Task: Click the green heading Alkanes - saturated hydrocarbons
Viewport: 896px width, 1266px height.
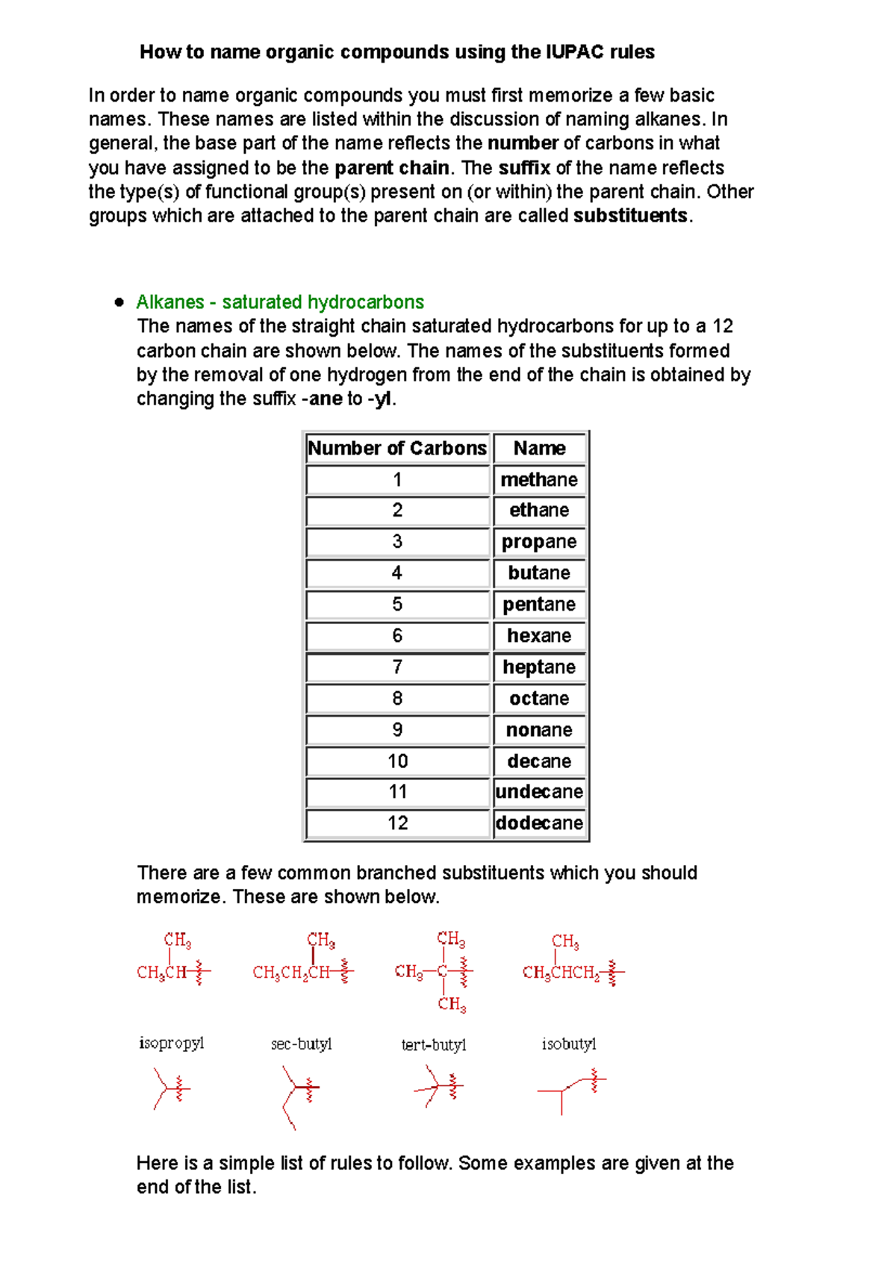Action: coord(280,302)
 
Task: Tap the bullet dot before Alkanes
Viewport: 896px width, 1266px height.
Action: coord(119,302)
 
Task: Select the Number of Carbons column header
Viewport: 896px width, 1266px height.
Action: coord(397,449)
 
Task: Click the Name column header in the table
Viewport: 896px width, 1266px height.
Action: coord(539,449)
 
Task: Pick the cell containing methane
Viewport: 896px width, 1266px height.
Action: coord(539,480)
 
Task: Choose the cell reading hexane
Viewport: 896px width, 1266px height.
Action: coord(539,636)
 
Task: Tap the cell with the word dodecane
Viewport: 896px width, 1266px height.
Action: coord(539,823)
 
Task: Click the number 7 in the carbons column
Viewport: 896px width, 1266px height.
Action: coord(397,667)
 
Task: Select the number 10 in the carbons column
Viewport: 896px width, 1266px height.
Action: coord(397,761)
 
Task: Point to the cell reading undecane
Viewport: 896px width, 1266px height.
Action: coord(539,792)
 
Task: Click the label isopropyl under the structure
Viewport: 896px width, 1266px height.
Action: coord(171,1044)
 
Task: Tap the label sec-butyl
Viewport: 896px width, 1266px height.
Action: coord(301,1044)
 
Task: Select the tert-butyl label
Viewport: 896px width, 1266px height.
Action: coord(433,1045)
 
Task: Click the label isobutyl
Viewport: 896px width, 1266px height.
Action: coord(569,1044)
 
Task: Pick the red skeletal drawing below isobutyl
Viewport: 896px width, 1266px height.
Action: coord(571,1090)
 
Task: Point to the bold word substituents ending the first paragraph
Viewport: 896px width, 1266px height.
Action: coord(630,216)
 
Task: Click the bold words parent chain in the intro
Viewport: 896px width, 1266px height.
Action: coord(392,168)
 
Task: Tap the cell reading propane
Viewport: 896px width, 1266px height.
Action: coord(539,543)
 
